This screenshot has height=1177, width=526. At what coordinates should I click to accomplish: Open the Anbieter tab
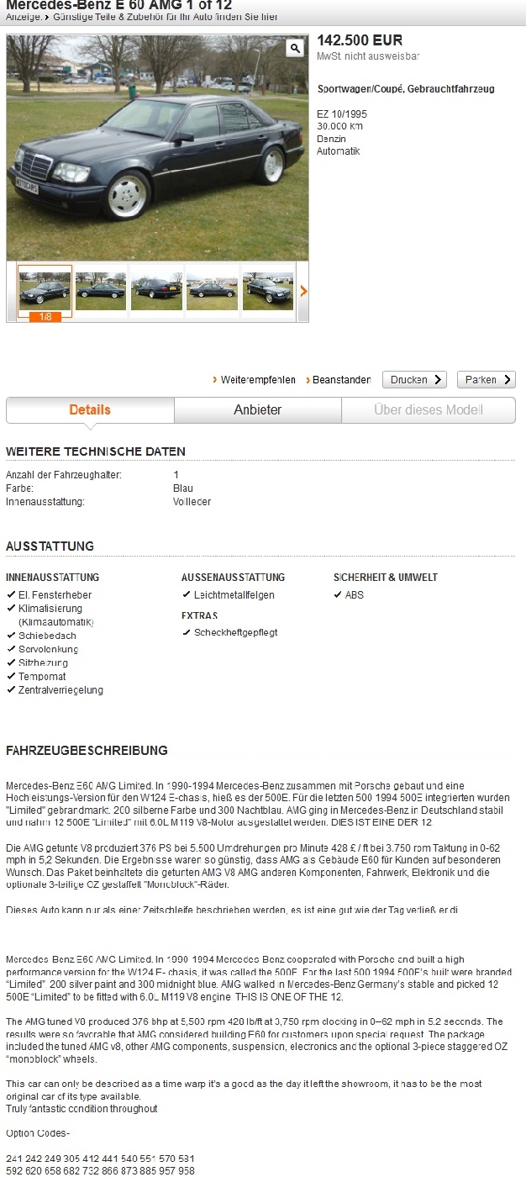pos(257,410)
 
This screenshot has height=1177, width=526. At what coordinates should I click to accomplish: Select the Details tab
pos(90,410)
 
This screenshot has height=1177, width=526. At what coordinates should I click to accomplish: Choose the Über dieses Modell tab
pos(428,410)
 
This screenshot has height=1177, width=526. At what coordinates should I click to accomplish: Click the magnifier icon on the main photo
pos(294,48)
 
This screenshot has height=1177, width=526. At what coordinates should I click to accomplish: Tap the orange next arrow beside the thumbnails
pos(303,291)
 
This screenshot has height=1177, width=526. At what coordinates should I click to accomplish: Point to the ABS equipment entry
pos(354,595)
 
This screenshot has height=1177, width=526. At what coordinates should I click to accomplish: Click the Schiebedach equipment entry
pos(47,636)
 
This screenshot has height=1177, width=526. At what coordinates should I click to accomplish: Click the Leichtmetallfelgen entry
pos(234,595)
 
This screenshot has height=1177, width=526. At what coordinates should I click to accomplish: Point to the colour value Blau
pos(183,488)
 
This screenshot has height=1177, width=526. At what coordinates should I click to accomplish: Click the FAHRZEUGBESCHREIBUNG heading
pos(87,751)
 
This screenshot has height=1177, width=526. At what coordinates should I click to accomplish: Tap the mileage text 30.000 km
pos(339,126)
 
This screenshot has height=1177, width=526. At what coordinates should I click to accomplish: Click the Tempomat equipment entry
pos(42,677)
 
